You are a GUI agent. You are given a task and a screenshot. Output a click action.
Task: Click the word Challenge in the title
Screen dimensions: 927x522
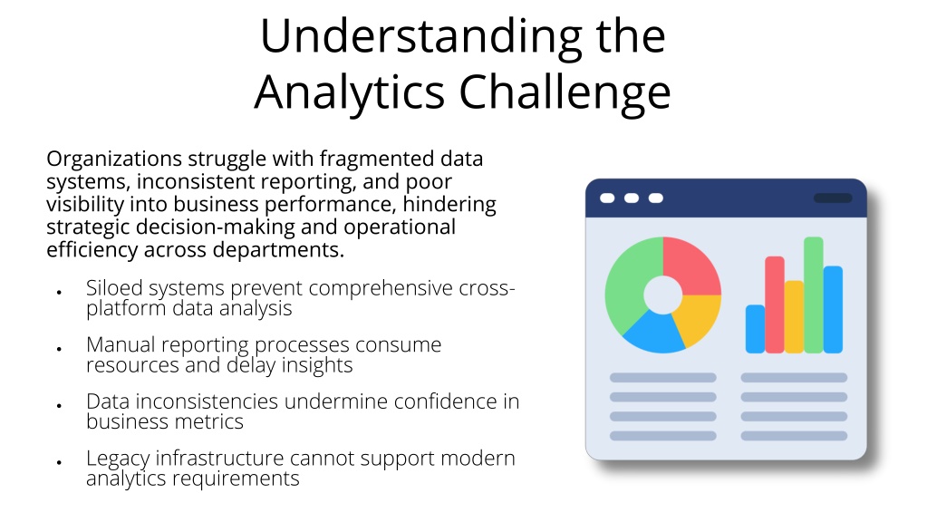coord(565,92)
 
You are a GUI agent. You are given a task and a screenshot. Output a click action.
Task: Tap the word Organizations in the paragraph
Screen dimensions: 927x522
coord(114,159)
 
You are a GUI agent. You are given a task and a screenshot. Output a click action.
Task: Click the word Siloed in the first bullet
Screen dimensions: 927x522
coord(114,288)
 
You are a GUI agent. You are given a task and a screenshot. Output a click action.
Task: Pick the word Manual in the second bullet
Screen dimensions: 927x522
coord(121,344)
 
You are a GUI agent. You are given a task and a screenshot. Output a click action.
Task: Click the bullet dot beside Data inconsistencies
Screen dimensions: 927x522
coord(59,406)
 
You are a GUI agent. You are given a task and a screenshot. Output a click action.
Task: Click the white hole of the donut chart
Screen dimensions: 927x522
coord(663,295)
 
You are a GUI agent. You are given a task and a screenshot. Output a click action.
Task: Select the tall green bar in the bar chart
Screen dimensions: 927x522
coord(814,295)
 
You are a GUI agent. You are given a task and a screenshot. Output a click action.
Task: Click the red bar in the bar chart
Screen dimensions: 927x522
coord(775,304)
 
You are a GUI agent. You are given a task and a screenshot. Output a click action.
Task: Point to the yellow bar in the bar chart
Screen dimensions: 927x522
coord(794,317)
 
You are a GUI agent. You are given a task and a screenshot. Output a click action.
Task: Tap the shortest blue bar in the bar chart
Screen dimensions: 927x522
coord(755,329)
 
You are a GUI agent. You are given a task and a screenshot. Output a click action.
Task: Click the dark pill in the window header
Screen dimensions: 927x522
coord(833,198)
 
